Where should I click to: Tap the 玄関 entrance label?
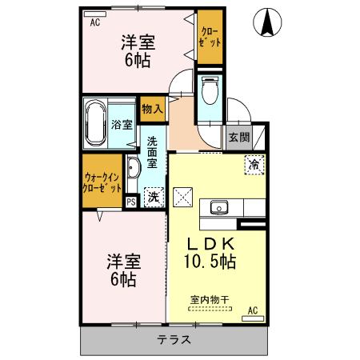coord(238,137)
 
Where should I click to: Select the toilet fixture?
coord(210,91)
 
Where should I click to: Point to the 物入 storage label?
coord(152,109)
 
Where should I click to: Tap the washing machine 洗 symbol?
coord(152,195)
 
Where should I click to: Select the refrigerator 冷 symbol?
coord(254,166)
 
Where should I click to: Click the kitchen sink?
coord(219,208)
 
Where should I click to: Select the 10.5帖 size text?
coord(210,261)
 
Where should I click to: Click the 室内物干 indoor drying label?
coord(209,300)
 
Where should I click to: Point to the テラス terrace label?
coord(174,338)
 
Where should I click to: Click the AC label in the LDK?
coord(252,310)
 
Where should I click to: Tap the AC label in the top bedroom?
coord(95,22)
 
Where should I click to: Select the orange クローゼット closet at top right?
coord(210,37)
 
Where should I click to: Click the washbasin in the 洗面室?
coord(133,167)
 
